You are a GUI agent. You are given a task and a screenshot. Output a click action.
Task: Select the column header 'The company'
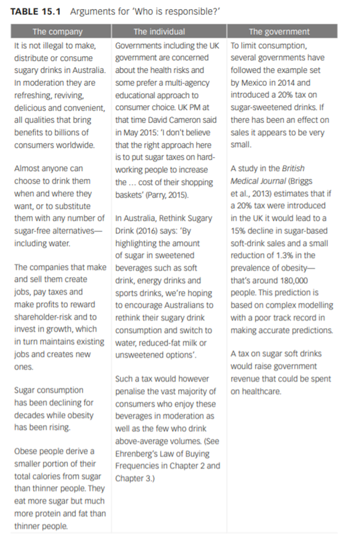coord(57,32)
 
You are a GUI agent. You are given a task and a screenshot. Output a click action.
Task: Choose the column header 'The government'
coord(279,32)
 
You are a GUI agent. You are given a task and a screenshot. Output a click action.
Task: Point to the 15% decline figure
coord(238,231)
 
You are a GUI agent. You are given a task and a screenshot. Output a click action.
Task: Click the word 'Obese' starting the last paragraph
coord(25,451)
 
